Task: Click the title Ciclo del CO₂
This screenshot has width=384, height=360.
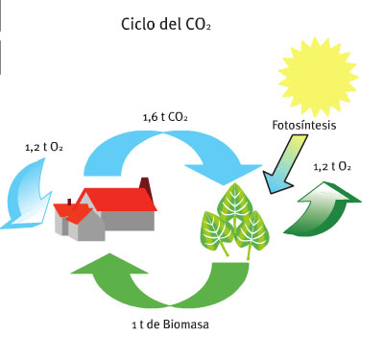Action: point(165,23)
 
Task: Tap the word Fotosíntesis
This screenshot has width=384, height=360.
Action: point(302,126)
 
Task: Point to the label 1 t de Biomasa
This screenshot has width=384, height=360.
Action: point(170,325)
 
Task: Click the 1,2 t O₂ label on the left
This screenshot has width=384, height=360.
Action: point(43,148)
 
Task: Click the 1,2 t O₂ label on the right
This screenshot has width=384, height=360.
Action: point(331,166)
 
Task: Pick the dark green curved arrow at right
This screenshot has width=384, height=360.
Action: point(326,206)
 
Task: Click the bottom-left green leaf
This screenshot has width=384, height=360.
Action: point(216,231)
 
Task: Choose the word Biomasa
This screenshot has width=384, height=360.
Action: point(185,325)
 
